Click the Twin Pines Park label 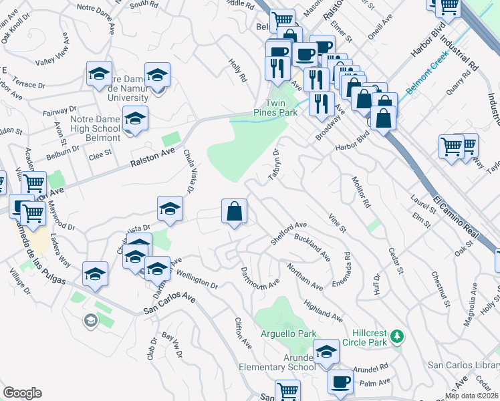pyautogui.click(x=282, y=108)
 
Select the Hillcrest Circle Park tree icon pyautogui.click(x=397, y=335)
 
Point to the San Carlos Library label pyautogui.click(x=463, y=365)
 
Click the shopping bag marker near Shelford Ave pyautogui.click(x=235, y=213)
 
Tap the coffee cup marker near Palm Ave pyautogui.click(x=341, y=383)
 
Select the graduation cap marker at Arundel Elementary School pyautogui.click(x=326, y=352)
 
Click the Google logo pyautogui.click(x=22, y=393)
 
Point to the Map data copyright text pyautogui.click(x=472, y=396)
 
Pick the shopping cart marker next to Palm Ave pyautogui.click(x=288, y=391)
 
